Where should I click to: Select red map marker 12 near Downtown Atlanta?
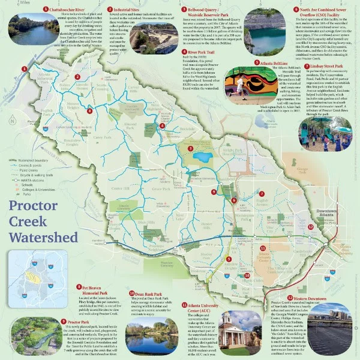(310, 228)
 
